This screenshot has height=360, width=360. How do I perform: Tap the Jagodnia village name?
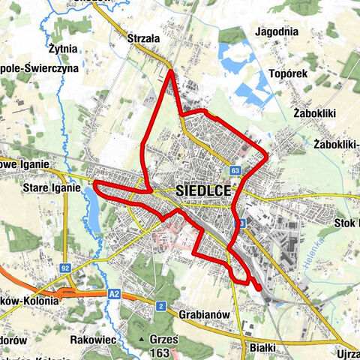(x=277, y=32)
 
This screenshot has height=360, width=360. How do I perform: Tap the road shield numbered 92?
(x=66, y=267)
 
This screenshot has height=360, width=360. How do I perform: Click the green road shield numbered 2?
(x=160, y=305)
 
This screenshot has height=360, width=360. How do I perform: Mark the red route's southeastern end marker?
(x=258, y=286)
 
